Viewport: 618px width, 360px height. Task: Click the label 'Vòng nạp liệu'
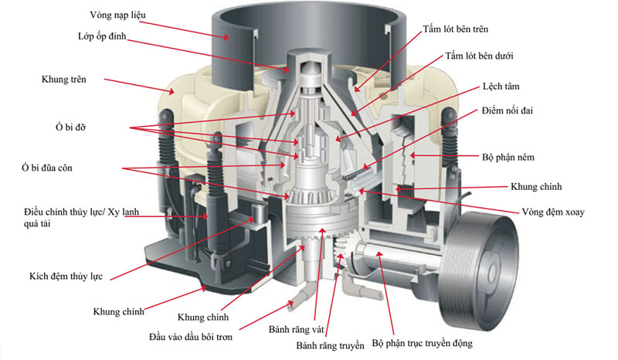coord(117,15)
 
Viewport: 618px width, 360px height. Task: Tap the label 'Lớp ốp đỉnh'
coord(102,36)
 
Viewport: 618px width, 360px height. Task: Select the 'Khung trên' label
coord(64,80)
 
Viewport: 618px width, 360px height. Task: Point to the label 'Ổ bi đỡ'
coord(70,127)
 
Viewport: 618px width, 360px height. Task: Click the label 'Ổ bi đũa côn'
coord(47,168)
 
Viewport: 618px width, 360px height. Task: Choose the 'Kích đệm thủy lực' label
coord(66,276)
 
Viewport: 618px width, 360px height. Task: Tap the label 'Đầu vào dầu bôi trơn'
coord(191,337)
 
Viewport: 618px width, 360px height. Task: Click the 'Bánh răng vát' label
coord(296,329)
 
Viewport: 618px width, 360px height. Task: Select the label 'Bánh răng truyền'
coord(331,346)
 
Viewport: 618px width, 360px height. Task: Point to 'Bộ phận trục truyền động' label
coord(422,343)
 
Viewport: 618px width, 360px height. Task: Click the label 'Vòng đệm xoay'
coord(553,212)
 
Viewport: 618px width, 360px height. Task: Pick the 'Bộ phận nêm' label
coord(508,158)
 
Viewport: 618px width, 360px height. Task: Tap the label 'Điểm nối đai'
coord(507,110)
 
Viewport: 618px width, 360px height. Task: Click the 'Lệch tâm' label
coord(501,87)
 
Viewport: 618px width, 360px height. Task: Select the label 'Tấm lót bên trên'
coord(456,29)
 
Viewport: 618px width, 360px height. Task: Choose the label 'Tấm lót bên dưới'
coord(479,56)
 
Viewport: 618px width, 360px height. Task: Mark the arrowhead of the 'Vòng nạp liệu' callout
coord(226,38)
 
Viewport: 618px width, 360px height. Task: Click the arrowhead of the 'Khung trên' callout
coord(171,92)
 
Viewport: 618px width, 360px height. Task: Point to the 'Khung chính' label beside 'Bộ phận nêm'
coord(536,186)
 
